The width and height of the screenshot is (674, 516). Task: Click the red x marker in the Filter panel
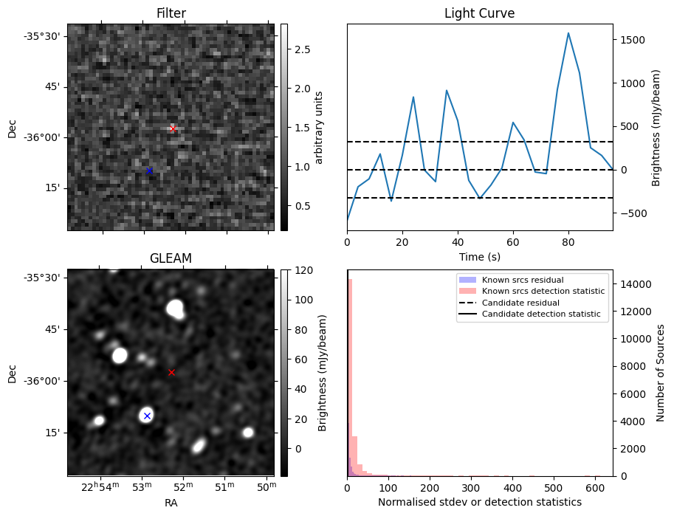coord(173,128)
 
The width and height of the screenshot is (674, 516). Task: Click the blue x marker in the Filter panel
coord(149,171)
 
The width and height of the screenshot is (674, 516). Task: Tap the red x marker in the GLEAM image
coord(171,372)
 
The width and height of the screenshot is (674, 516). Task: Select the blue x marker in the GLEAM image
coord(147,416)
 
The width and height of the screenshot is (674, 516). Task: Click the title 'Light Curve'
coord(479,14)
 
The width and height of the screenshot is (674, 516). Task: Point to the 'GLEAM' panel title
coord(171,258)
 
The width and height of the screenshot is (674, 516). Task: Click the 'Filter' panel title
coord(171,13)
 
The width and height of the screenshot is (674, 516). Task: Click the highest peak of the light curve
coord(568,33)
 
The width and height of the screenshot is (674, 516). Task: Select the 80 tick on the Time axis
coord(568,241)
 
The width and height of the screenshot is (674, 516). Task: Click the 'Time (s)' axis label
coord(479,256)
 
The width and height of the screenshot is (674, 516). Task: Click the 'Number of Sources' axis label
coord(661,373)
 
